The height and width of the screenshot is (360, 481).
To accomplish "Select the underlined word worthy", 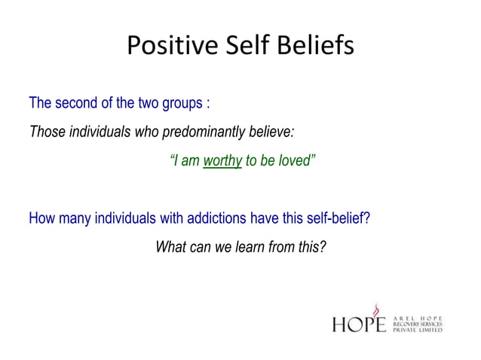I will pyautogui.click(x=222, y=160).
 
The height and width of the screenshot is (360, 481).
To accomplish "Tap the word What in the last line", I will pyautogui.click(x=172, y=247).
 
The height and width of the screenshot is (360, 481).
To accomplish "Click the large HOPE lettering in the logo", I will pyautogui.click(x=359, y=323).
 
